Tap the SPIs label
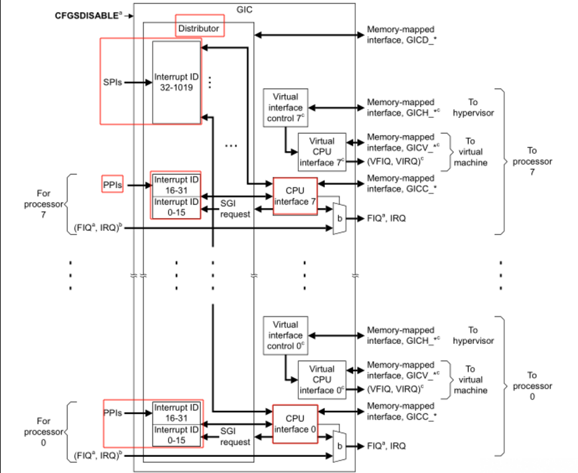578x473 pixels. (x=113, y=83)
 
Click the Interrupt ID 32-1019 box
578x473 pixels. (x=176, y=82)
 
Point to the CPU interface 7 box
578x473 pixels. (x=295, y=196)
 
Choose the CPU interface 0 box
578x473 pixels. (x=295, y=424)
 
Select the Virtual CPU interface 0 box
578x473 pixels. (x=321, y=379)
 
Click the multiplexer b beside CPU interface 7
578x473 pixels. (x=340, y=218)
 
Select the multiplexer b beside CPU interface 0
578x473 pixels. (x=340, y=446)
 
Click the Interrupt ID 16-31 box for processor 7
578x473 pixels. (x=176, y=184)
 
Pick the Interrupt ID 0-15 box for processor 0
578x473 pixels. (x=176, y=435)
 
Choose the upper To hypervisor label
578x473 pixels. (x=473, y=108)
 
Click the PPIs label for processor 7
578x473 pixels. (x=112, y=183)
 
